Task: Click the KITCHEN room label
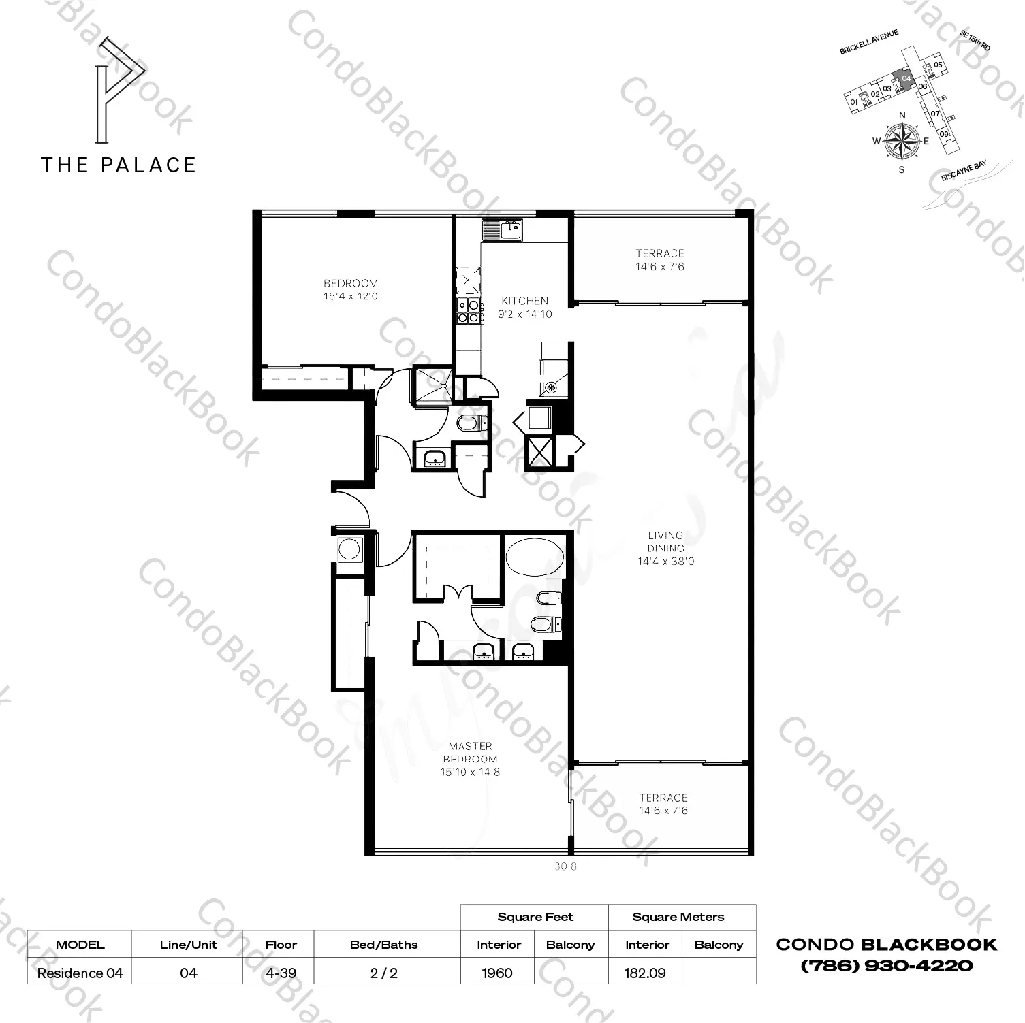pyautogui.click(x=524, y=301)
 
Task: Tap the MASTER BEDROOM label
pyautogui.click(x=471, y=752)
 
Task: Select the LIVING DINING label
pyautogui.click(x=665, y=542)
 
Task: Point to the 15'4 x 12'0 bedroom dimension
pyautogui.click(x=351, y=297)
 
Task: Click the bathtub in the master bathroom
pyautogui.click(x=535, y=556)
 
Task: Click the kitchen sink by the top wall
pyautogui.click(x=502, y=230)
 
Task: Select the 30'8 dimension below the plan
pyautogui.click(x=566, y=866)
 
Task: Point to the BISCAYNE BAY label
pyautogui.click(x=964, y=170)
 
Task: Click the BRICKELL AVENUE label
pyautogui.click(x=869, y=42)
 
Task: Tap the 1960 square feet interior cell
pyautogui.click(x=497, y=973)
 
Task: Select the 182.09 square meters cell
pyautogui.click(x=645, y=973)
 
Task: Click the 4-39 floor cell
pyautogui.click(x=281, y=973)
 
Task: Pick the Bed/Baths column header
pyautogui.click(x=384, y=945)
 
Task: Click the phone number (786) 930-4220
pyautogui.click(x=886, y=965)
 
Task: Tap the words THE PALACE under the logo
pyautogui.click(x=119, y=165)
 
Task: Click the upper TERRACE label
pyautogui.click(x=659, y=253)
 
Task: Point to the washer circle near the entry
pyautogui.click(x=349, y=549)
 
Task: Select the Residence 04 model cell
pyautogui.click(x=80, y=973)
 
